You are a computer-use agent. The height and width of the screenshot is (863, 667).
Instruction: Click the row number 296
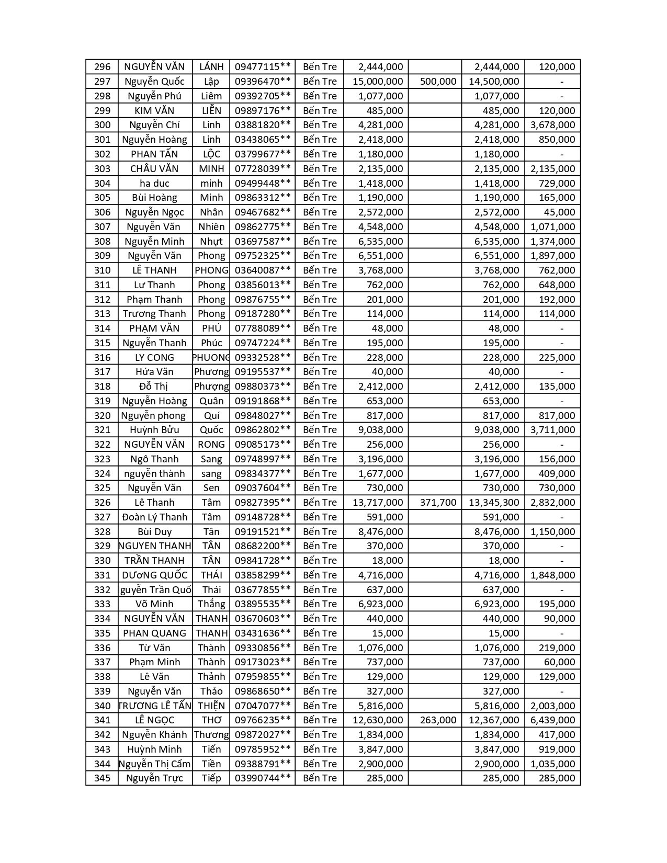[102, 67]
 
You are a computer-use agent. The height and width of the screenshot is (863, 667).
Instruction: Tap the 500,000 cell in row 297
[438, 82]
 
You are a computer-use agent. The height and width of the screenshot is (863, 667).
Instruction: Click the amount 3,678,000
[552, 125]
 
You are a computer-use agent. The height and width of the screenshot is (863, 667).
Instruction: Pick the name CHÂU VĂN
[154, 168]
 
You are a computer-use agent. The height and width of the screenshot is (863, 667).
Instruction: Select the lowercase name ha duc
[154, 183]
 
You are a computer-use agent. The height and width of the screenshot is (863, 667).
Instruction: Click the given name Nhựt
[211, 241]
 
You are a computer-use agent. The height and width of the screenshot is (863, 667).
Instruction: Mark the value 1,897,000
[552, 256]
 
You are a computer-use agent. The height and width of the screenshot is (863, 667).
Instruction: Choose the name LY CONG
[154, 357]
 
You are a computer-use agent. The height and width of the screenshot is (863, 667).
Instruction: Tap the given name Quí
[211, 415]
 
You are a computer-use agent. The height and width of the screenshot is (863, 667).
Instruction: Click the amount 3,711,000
[552, 430]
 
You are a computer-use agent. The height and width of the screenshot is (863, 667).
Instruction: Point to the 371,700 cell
[438, 503]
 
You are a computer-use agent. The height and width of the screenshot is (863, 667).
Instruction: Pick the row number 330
[102, 561]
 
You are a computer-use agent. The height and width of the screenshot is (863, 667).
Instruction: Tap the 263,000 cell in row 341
[438, 720]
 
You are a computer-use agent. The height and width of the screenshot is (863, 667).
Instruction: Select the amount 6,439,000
[552, 720]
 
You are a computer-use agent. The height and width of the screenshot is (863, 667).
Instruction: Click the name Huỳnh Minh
[154, 749]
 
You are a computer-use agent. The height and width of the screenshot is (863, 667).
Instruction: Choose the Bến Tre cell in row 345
[320, 778]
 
